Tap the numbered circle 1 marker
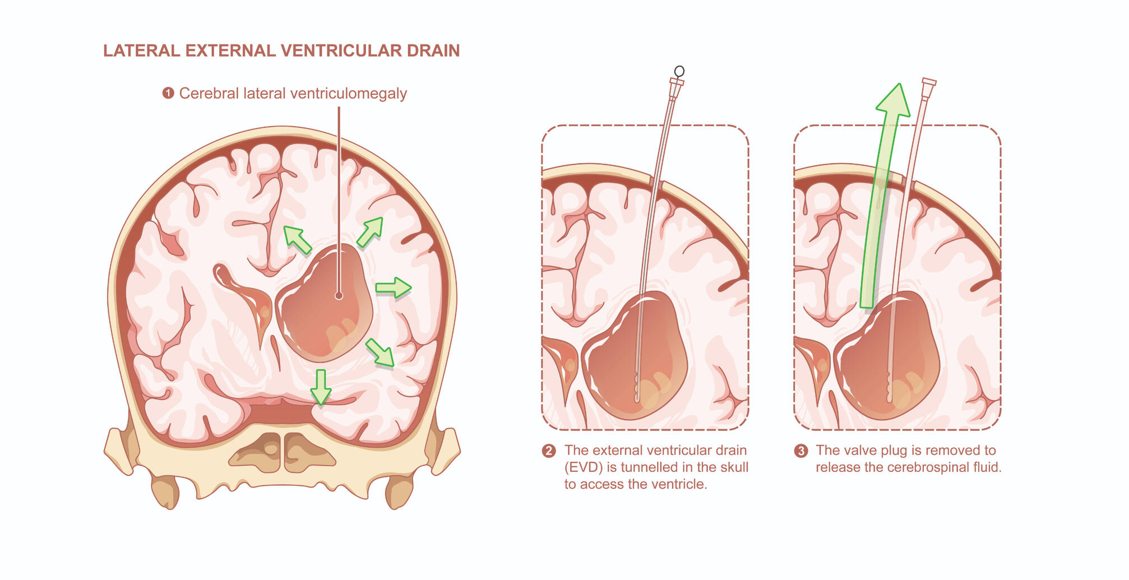coord(168,93)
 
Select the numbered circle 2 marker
coord(549,451)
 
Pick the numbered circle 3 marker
coord(801,451)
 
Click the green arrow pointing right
coord(394,287)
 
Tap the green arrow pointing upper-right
coord(370,231)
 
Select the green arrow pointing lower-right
coord(380,353)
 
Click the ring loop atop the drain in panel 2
coord(679,71)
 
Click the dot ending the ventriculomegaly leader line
coord(339,296)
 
